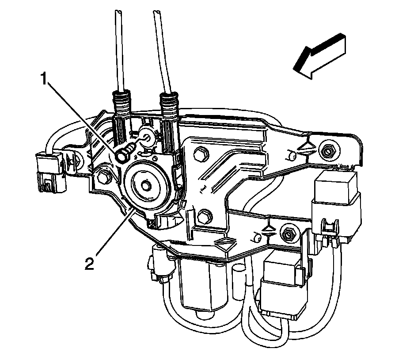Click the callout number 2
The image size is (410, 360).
(90, 264)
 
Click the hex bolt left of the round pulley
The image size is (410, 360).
(104, 177)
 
